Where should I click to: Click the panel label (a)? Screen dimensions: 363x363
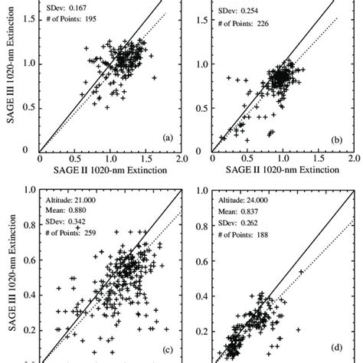[167, 138]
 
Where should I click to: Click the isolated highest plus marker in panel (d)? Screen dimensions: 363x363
[302, 271]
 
